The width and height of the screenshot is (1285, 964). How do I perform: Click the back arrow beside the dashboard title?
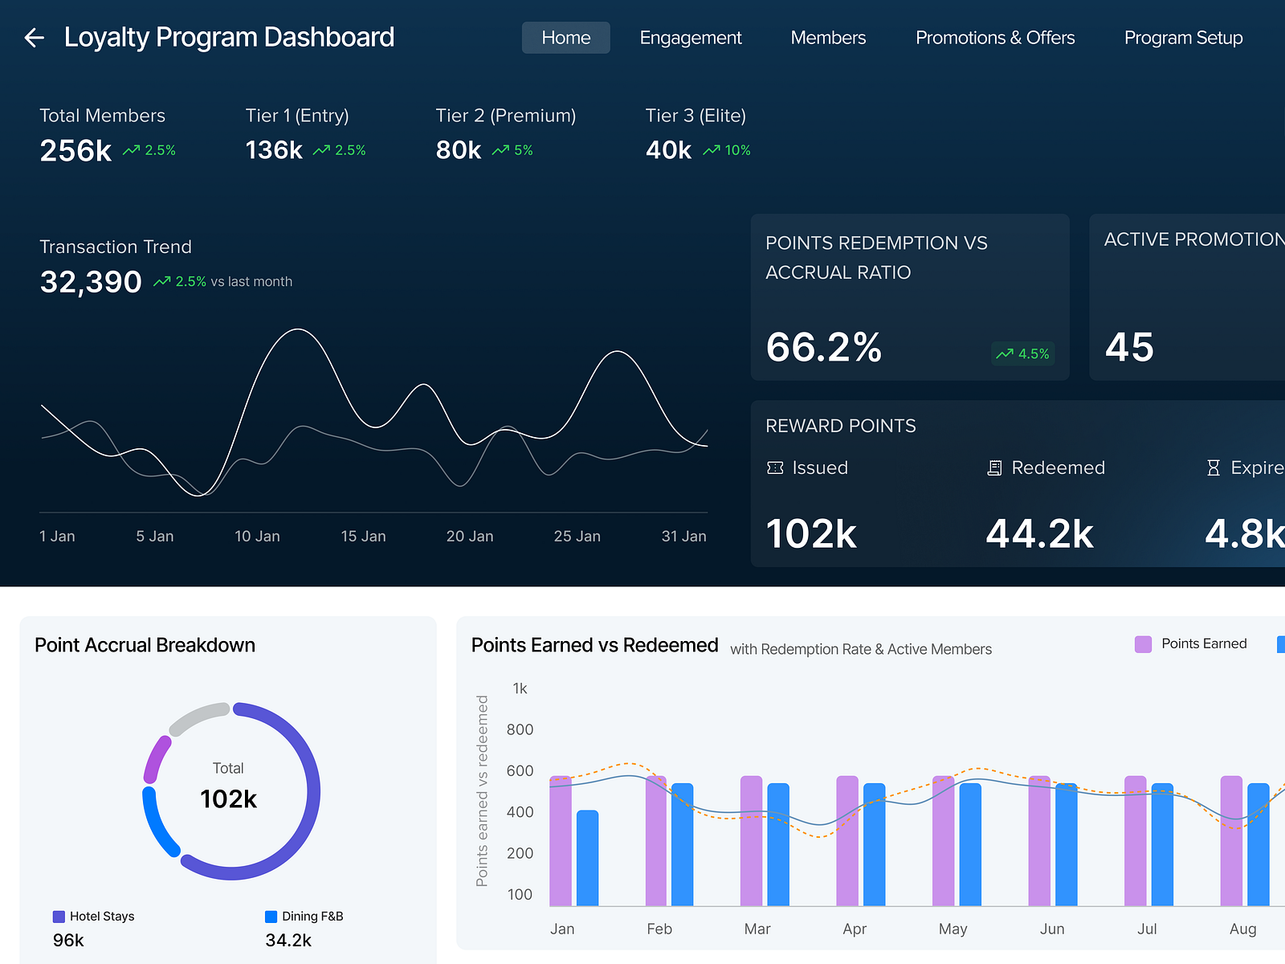34,37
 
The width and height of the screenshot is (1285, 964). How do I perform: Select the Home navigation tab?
565,38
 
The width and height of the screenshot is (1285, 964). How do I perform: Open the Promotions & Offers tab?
994,38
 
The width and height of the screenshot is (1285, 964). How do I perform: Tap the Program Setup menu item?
1182,38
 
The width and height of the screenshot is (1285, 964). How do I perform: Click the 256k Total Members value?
75,150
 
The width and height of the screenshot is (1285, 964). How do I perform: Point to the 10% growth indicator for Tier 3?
727,150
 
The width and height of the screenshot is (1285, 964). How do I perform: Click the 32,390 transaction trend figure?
91,282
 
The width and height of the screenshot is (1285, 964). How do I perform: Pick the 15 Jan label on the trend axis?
363,536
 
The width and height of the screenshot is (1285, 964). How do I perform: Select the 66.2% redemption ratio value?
823,347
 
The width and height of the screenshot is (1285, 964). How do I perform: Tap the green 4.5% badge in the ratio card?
1022,353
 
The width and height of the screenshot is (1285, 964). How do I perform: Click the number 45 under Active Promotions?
1128,347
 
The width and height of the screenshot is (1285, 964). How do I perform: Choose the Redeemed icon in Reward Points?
994,468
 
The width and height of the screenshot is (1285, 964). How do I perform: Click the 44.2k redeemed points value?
1039,533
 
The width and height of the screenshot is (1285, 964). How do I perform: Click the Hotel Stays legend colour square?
59,917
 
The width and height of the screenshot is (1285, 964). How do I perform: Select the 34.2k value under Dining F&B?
288,940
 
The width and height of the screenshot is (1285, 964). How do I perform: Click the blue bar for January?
587,858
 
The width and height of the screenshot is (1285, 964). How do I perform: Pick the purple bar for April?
847,840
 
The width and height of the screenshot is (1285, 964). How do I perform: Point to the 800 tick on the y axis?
520,729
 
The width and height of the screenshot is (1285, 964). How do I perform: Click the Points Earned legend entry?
1190,643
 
